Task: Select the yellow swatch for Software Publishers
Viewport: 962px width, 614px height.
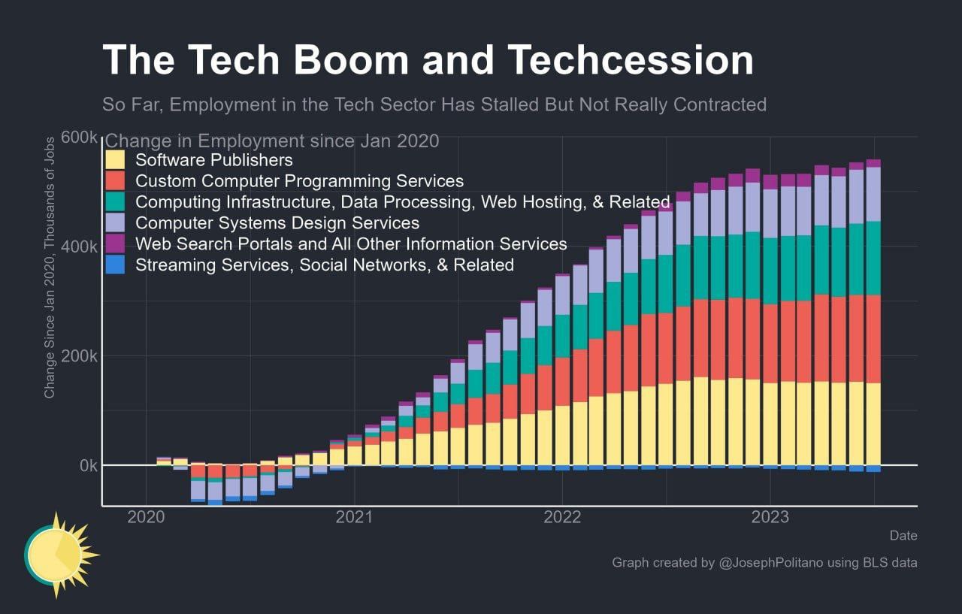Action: pos(115,160)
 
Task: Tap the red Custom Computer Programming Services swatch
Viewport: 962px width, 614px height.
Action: pos(115,181)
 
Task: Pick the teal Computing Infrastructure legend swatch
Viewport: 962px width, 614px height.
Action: pos(115,202)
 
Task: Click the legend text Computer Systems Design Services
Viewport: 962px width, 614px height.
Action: pos(277,223)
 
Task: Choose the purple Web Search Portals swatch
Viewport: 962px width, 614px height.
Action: pos(115,244)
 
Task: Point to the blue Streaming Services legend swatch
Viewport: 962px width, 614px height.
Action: pos(115,265)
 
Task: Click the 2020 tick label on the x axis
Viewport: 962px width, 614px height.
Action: pos(146,518)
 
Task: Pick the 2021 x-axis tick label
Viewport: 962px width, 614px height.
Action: pos(354,518)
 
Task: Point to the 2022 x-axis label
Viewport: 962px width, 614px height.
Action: pos(562,518)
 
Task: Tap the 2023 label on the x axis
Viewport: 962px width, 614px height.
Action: pos(770,518)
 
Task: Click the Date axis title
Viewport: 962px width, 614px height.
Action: pos(903,536)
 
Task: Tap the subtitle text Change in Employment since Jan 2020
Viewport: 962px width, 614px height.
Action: pos(272,141)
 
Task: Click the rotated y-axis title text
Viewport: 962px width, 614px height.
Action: pos(50,268)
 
